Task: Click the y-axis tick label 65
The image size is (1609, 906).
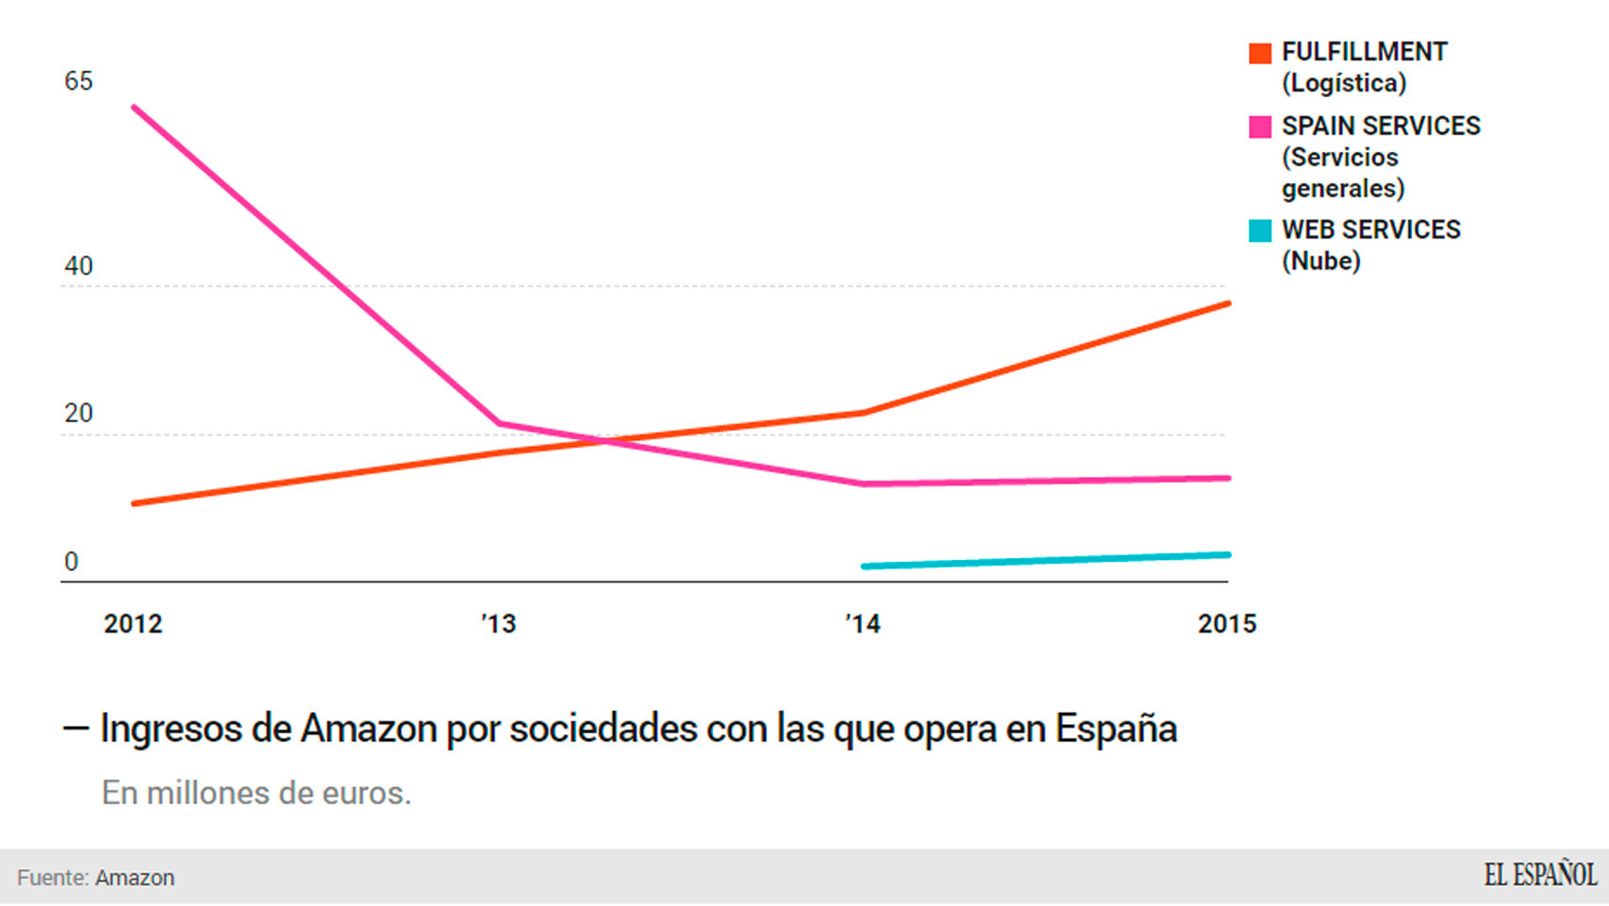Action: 78,81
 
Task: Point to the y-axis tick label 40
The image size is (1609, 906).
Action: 78,266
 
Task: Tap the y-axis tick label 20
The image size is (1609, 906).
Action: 78,413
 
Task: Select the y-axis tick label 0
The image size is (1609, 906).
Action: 71,562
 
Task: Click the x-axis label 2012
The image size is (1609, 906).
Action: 133,624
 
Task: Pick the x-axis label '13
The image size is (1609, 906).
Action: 499,624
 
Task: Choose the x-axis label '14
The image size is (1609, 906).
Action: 863,624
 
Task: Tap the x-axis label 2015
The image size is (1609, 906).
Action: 1227,624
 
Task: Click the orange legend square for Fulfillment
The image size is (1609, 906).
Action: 1260,53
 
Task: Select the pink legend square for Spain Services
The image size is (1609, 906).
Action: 1260,127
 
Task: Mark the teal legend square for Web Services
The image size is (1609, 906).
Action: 1260,231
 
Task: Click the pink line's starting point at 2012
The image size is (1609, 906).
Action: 134,107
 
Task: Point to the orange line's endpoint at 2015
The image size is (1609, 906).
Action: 1228,304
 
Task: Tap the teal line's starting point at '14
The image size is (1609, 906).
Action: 864,567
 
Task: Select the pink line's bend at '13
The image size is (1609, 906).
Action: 499,423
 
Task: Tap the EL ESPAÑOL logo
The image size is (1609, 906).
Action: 1540,875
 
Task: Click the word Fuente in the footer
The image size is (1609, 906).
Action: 53,878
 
